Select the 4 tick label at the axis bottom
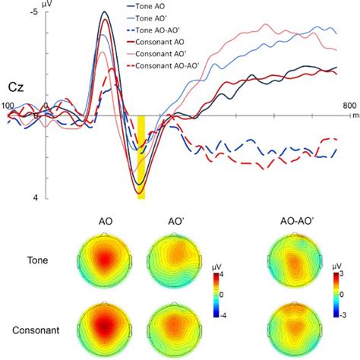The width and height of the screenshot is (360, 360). pos(36,197)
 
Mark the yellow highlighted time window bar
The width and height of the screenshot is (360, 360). pos(141,157)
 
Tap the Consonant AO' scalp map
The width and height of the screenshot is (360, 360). pos(172,331)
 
